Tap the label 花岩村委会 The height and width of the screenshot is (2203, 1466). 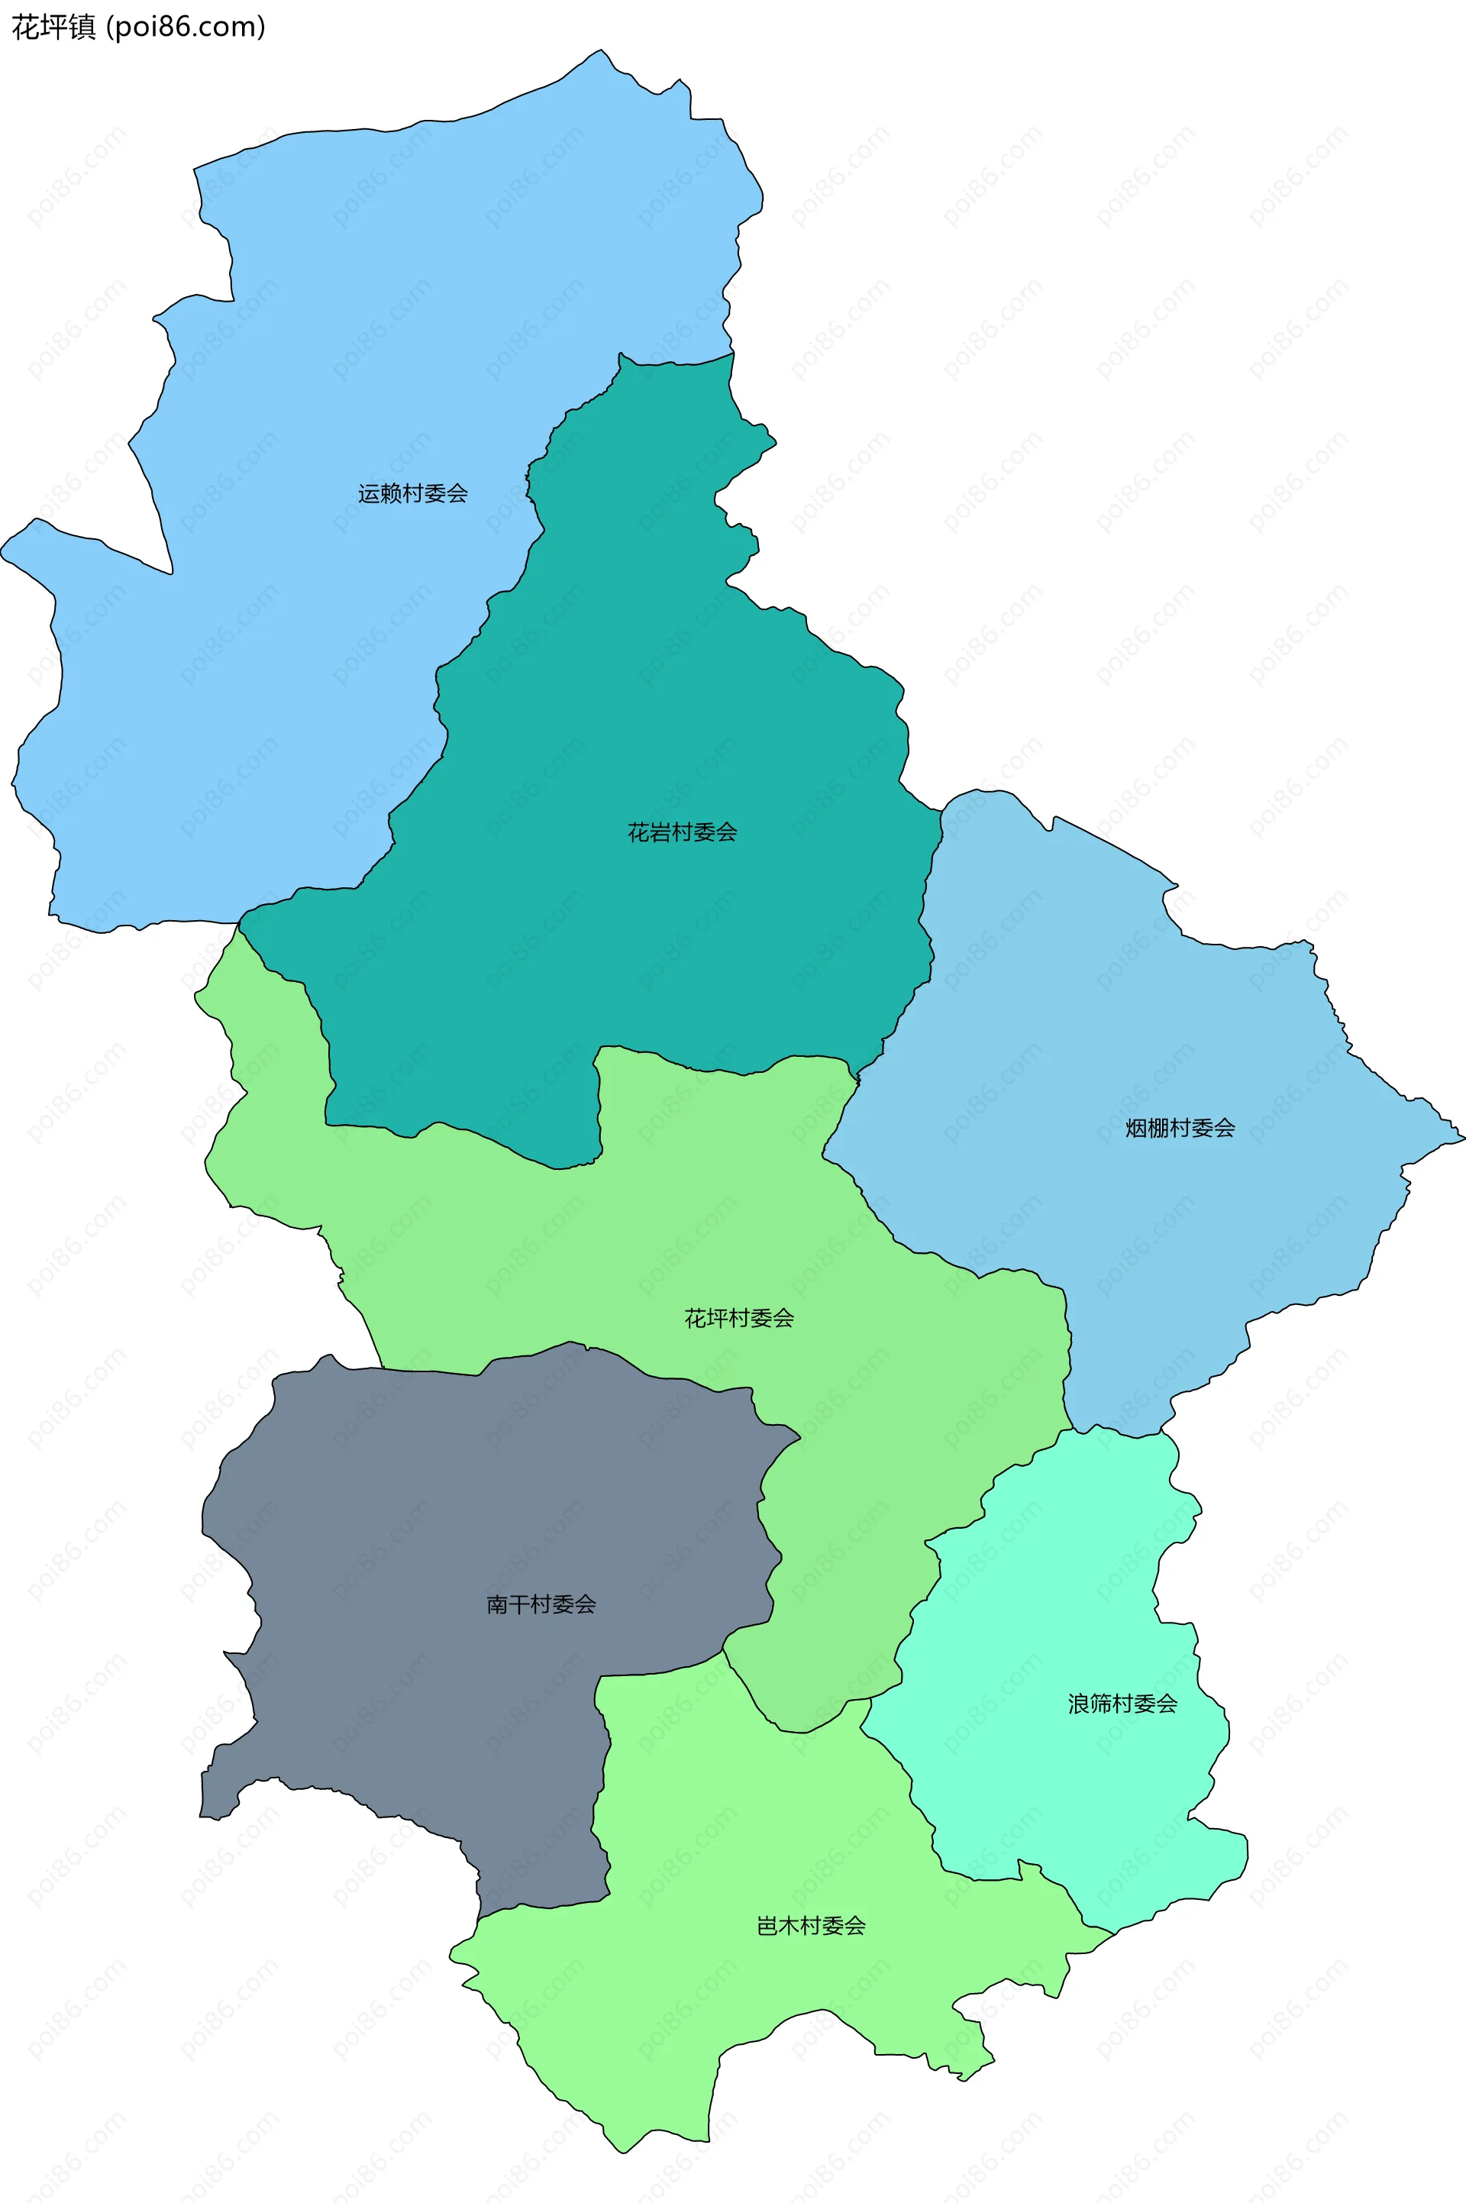(682, 832)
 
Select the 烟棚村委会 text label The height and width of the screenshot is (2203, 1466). (1179, 1128)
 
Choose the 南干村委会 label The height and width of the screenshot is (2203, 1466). (541, 1604)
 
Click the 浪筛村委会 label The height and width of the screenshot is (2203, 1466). (1122, 1703)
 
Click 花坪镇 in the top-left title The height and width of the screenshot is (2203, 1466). (53, 27)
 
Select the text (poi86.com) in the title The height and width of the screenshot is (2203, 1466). (186, 27)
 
